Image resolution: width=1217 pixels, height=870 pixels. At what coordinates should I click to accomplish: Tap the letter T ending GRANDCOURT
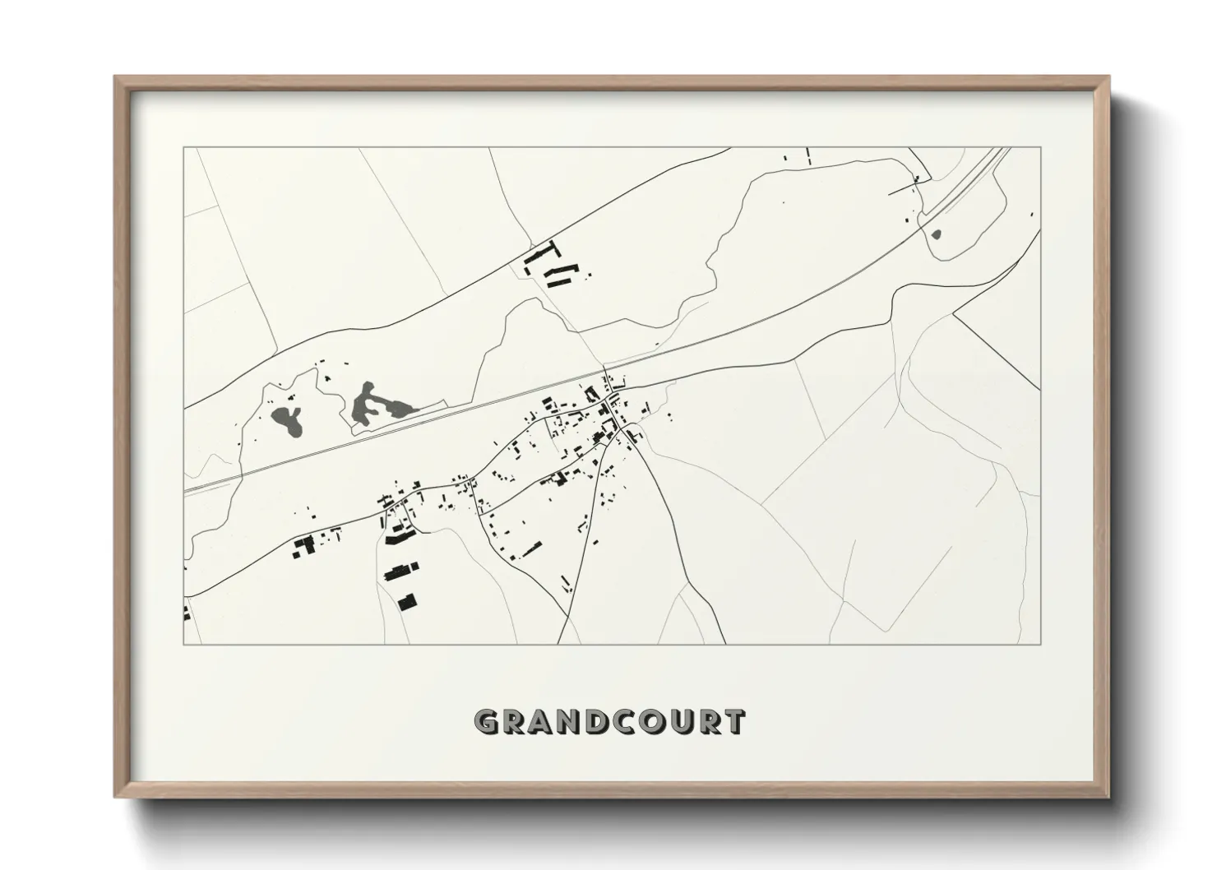pos(734,722)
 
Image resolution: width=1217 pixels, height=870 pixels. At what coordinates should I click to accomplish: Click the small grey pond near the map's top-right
pos(937,234)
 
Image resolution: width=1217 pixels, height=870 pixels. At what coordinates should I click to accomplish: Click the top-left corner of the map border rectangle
pos(184,148)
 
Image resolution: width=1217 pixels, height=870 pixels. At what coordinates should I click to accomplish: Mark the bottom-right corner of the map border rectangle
pos(1040,644)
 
